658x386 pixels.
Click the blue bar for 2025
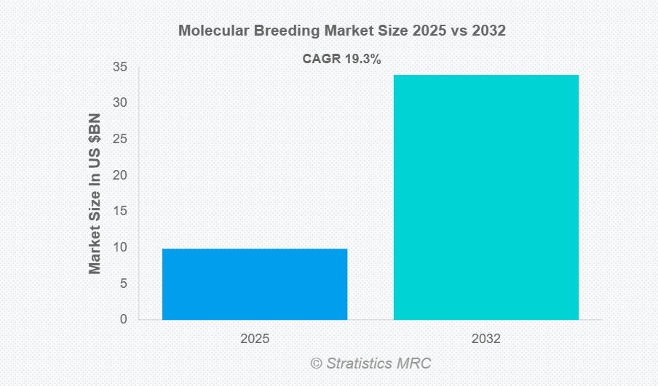coord(255,284)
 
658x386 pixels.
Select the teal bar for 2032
coord(486,197)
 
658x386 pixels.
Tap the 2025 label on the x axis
coord(255,339)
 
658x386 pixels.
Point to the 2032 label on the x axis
coord(486,339)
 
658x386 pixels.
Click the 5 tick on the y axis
coord(123,284)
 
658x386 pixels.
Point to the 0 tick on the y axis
coord(123,319)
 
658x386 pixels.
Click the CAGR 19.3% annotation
coord(341,60)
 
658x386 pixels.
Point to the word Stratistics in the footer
coord(362,363)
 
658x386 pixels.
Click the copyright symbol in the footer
coord(316,363)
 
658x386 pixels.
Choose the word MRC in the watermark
coord(416,363)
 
